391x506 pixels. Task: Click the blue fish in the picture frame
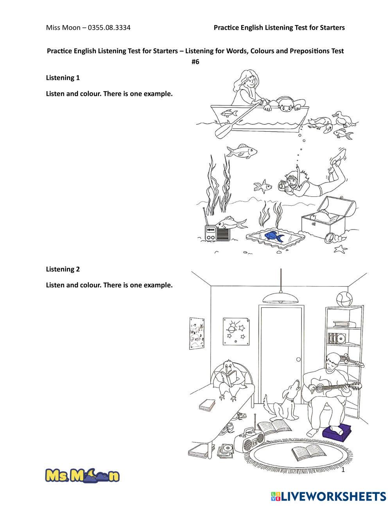(274, 236)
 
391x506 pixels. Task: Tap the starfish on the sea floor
(341, 249)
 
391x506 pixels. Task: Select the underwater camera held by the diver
(283, 186)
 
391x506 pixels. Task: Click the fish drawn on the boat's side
(229, 113)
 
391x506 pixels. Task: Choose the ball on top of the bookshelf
(344, 299)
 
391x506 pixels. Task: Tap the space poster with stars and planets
(236, 331)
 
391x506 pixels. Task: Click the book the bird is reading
(229, 379)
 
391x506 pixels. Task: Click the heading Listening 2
(63, 269)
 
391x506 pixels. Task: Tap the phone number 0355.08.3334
(109, 27)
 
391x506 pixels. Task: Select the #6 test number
(195, 62)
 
